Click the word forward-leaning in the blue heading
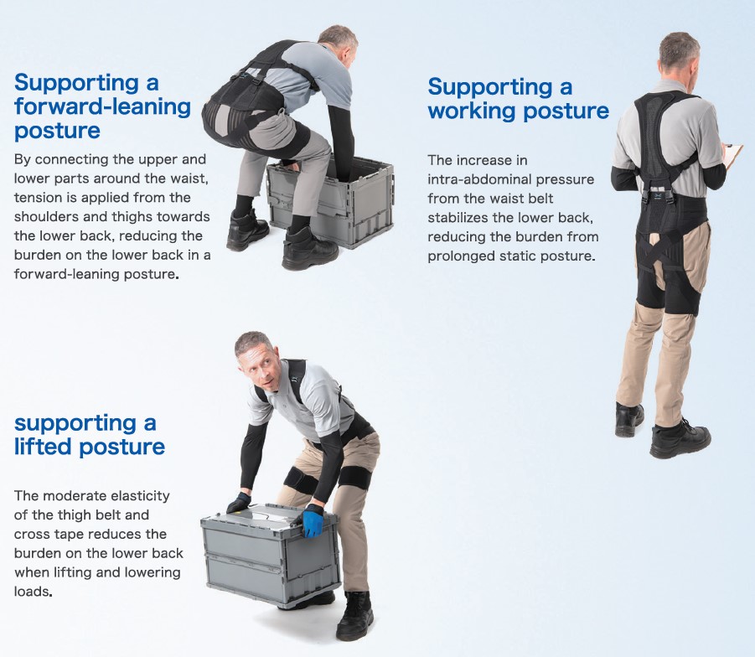[x=102, y=107]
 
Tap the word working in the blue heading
[x=472, y=111]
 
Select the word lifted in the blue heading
[x=42, y=447]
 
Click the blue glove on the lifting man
[x=313, y=521]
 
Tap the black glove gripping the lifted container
[x=239, y=502]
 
